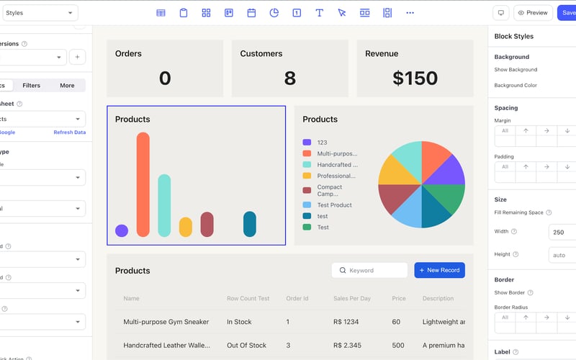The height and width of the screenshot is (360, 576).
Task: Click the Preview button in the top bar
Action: pyautogui.click(x=533, y=13)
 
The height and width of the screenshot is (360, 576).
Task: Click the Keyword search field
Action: pyautogui.click(x=370, y=270)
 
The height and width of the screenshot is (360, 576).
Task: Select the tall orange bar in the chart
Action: pyautogui.click(x=143, y=184)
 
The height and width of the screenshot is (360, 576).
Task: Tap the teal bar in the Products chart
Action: pyautogui.click(x=164, y=205)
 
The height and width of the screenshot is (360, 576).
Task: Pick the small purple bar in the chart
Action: pyautogui.click(x=122, y=230)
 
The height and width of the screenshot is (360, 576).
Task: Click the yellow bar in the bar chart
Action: pyautogui.click(x=185, y=227)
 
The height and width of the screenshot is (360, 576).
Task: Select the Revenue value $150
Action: pyautogui.click(x=415, y=78)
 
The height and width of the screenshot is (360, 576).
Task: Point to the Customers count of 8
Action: pyautogui.click(x=289, y=78)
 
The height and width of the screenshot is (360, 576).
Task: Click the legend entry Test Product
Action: pyautogui.click(x=334, y=205)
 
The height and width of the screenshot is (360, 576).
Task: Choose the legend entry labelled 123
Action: pyautogui.click(x=322, y=143)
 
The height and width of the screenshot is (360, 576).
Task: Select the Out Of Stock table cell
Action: pyautogui.click(x=246, y=345)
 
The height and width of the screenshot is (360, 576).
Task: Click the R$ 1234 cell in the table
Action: pyautogui.click(x=346, y=322)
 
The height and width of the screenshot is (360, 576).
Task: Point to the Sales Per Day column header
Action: pyautogui.click(x=352, y=298)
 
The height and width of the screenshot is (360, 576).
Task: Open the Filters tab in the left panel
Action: pyautogui.click(x=32, y=86)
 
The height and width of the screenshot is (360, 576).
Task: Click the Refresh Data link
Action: pyautogui.click(x=69, y=132)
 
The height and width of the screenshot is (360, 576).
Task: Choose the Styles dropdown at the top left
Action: pyautogui.click(x=40, y=13)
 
